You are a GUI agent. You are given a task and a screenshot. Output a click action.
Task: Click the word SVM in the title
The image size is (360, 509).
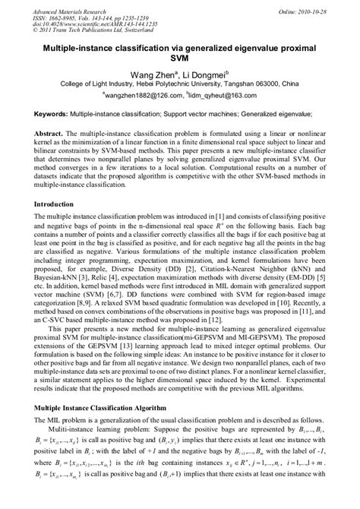click(180, 60)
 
